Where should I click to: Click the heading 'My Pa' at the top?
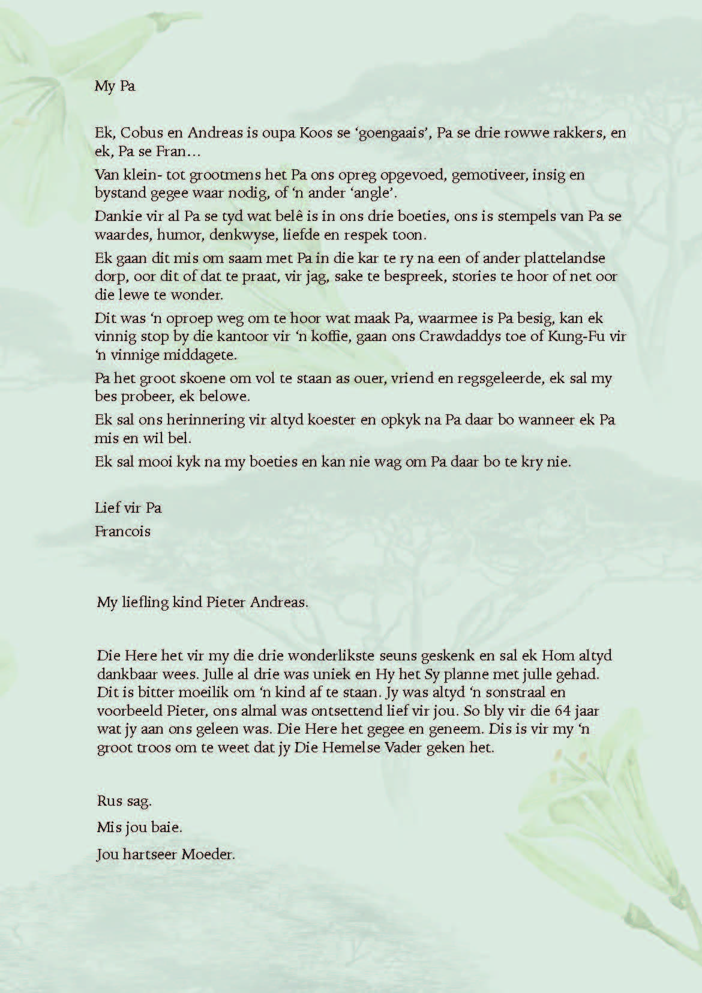pyautogui.click(x=115, y=86)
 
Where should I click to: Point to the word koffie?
pyautogui.click(x=328, y=336)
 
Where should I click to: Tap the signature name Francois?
pyautogui.click(x=123, y=531)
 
